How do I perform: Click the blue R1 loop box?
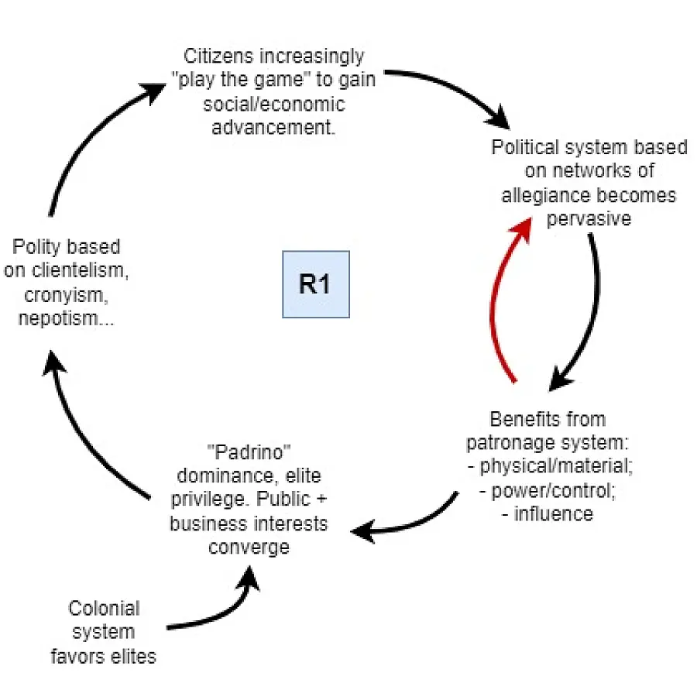pyautogui.click(x=315, y=284)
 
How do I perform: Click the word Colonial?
pyautogui.click(x=104, y=608)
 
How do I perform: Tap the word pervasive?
pyautogui.click(x=589, y=218)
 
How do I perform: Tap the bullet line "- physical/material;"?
pyautogui.click(x=547, y=466)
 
